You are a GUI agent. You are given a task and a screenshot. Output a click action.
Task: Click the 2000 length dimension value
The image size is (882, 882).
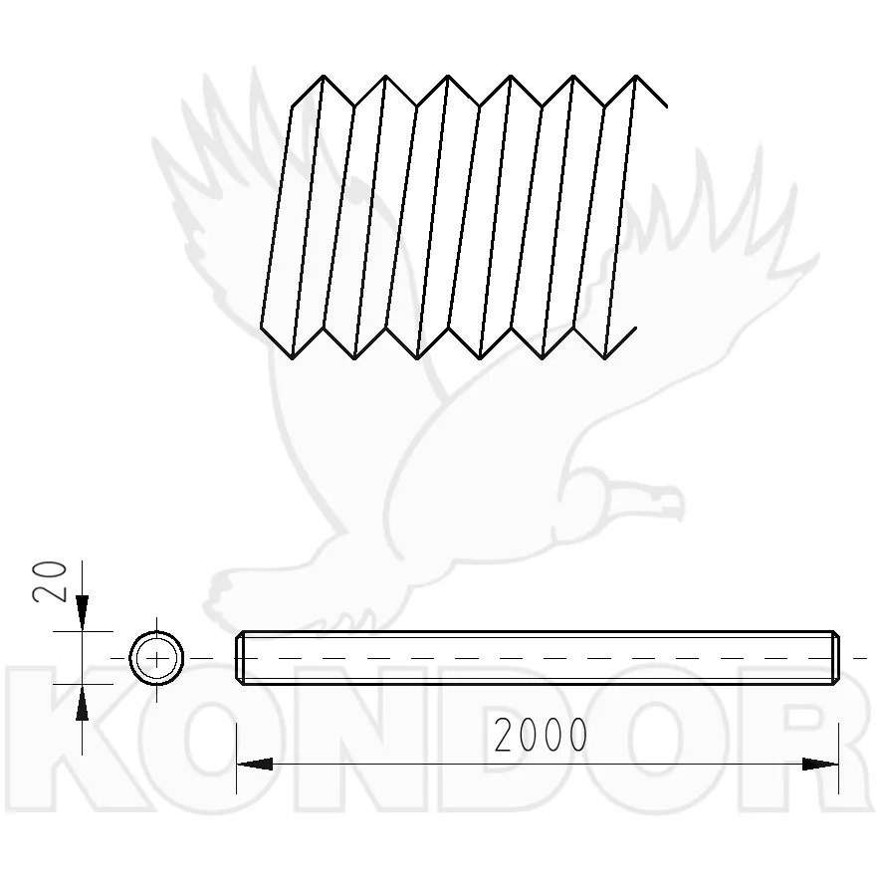(x=541, y=735)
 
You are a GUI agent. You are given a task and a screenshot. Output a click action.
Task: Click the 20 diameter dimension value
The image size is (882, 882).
(x=50, y=581)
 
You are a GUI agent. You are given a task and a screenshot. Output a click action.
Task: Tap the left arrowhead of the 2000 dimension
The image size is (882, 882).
(x=255, y=764)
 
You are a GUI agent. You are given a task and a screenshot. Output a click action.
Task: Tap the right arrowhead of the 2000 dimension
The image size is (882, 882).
(x=820, y=764)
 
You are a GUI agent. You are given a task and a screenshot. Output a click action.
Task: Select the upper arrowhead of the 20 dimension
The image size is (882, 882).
(x=82, y=613)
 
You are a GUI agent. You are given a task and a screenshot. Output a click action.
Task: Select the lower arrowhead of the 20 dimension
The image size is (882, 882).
(x=82, y=703)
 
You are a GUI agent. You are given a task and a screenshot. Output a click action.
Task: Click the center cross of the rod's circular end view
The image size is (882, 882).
(x=156, y=658)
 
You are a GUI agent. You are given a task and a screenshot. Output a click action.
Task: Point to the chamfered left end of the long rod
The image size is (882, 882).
(x=240, y=658)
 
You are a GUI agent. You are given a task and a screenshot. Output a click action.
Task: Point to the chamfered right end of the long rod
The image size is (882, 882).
(x=835, y=658)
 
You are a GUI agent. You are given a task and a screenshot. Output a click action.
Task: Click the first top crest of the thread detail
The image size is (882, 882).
(x=324, y=76)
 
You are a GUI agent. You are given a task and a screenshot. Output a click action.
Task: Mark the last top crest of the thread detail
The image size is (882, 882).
(x=636, y=76)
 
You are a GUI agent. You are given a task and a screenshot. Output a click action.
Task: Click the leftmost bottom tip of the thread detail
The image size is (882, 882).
(x=293, y=358)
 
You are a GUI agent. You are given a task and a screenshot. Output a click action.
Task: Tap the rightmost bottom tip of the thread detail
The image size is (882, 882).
(x=605, y=358)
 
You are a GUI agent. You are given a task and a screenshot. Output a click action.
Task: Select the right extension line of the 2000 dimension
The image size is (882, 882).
(x=838, y=759)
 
